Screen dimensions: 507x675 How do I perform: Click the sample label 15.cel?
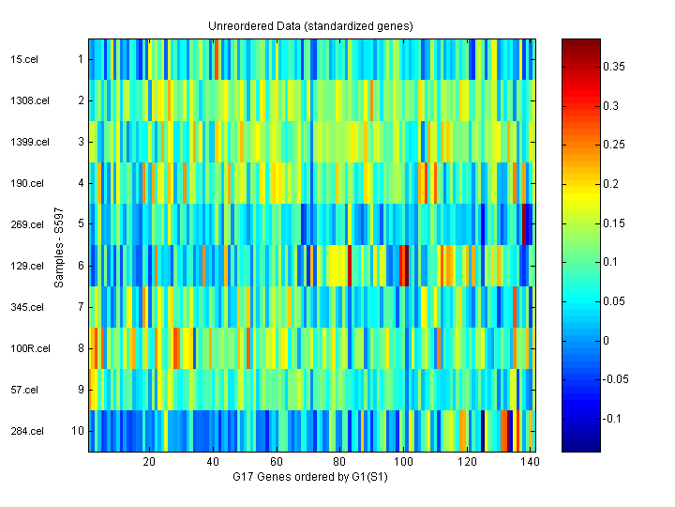point(23,59)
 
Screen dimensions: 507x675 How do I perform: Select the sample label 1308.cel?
point(28,100)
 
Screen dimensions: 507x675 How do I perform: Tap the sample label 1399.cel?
point(28,142)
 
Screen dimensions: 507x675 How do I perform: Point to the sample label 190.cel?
point(25,183)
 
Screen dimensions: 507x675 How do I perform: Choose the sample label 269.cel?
point(25,224)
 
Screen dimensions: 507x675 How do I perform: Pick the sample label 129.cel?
point(25,266)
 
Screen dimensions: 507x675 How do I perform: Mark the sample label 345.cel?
point(25,307)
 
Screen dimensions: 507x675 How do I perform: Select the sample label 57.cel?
point(23,390)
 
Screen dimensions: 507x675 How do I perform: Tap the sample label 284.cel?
point(25,431)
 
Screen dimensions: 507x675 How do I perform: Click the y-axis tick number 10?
point(79,431)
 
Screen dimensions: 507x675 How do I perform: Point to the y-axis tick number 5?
point(81,224)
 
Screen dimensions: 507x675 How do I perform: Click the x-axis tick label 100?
point(403,463)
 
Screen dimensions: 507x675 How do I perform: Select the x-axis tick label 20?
point(149,463)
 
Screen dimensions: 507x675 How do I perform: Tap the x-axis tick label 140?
point(531,463)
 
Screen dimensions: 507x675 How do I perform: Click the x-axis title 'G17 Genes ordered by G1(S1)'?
point(310,477)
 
